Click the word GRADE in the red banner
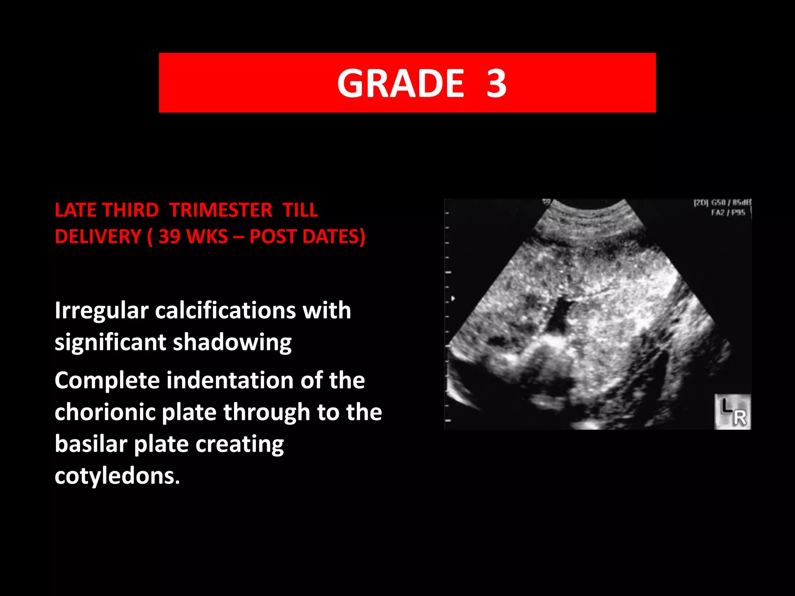[x=400, y=83]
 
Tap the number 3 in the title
[x=496, y=83]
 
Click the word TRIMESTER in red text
[x=220, y=210]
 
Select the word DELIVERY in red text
[x=98, y=237]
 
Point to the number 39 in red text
[x=170, y=237]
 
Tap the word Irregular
[x=101, y=311]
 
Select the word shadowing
[x=232, y=343]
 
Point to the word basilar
[x=90, y=444]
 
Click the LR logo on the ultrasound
[x=733, y=412]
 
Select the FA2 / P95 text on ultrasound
[x=728, y=213]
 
